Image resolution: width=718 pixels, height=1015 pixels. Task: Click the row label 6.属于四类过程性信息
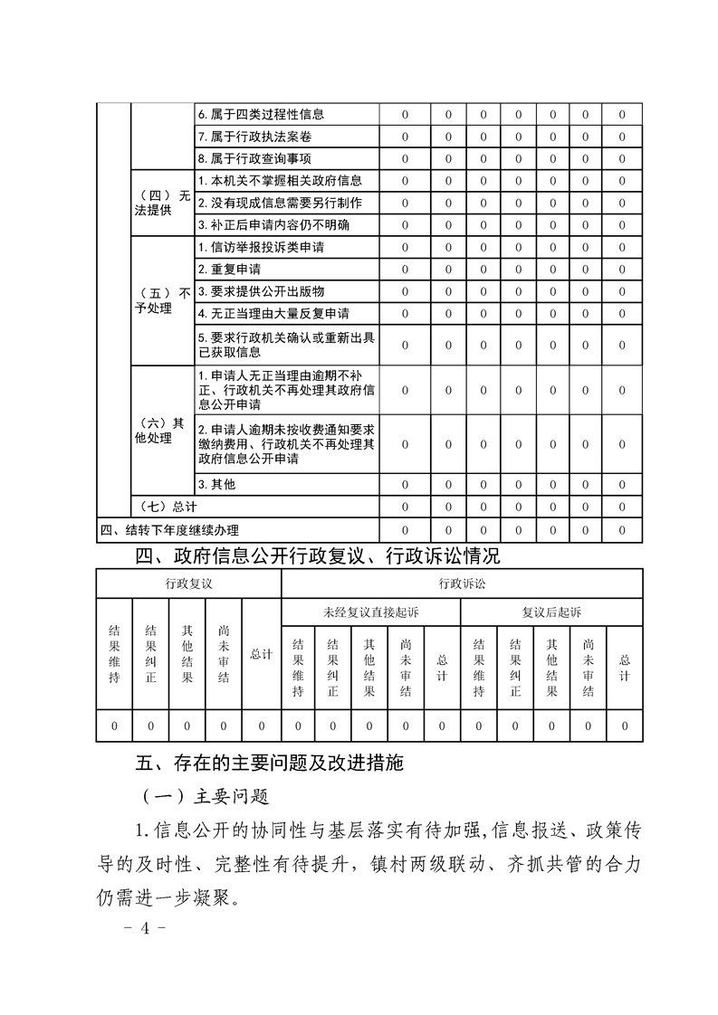click(x=261, y=115)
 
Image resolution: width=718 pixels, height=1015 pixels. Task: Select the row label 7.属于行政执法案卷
click(x=254, y=137)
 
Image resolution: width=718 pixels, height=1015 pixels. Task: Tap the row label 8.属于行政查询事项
click(x=254, y=158)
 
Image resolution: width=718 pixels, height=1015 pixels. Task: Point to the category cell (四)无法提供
click(x=163, y=203)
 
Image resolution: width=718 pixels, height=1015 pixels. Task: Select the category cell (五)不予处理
click(x=163, y=300)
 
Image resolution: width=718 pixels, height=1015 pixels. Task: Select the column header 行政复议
click(x=188, y=583)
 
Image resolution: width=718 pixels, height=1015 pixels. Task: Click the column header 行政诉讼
click(x=461, y=583)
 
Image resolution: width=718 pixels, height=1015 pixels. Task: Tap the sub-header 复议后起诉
click(x=551, y=612)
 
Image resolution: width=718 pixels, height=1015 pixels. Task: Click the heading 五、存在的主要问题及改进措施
click(x=269, y=763)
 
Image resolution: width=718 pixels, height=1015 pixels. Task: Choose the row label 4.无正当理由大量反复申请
click(x=273, y=313)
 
